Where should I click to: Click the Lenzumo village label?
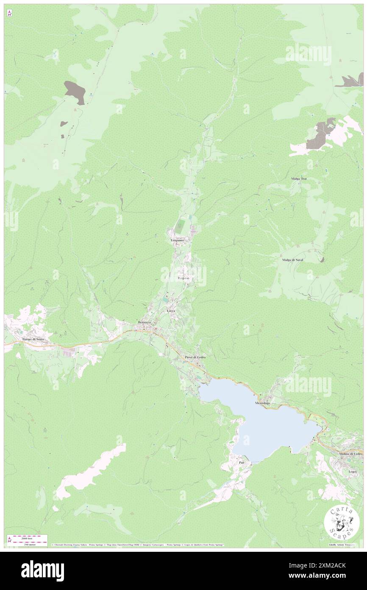pos(176,240)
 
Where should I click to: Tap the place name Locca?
pos(171,311)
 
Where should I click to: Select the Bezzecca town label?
pos(145,323)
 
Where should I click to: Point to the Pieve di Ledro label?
pos(195,358)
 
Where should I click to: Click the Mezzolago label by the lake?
pos(262,402)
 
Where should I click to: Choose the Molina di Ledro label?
pos(350,454)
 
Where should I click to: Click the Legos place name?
pos(352,471)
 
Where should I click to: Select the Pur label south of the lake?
pos(242,462)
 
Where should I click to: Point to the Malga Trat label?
pos(298,179)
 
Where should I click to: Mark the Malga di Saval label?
pos(293,259)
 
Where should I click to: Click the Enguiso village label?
pos(184,278)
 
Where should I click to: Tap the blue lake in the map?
pos(263,424)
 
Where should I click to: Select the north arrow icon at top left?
pos(9,14)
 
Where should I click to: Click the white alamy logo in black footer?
pos(42,571)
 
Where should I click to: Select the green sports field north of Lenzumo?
pos(182,223)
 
